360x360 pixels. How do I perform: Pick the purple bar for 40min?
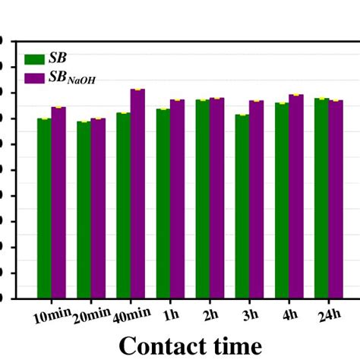pos(137,193)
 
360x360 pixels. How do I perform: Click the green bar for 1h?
pos(163,203)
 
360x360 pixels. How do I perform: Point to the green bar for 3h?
pos(242,206)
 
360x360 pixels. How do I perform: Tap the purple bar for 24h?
pos(336,199)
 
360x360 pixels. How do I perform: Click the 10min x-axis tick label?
pos(47,316)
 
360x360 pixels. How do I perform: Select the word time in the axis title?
pos(235,346)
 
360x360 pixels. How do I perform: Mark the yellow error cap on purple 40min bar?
pos(137,90)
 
